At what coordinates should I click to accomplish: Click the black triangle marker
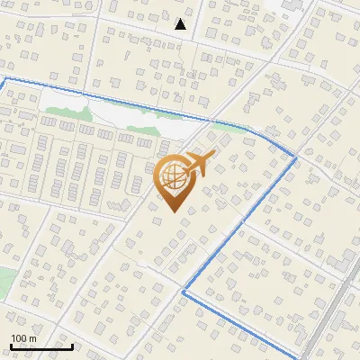coord(181,24)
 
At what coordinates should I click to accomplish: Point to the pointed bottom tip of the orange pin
coord(174,212)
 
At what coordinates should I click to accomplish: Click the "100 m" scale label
coord(23,338)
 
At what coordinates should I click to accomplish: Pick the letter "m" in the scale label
coord(32,338)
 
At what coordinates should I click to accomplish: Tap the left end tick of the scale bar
coord(11,345)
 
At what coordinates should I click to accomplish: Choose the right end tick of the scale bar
coord(73,345)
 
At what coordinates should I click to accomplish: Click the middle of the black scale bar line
coord(41,346)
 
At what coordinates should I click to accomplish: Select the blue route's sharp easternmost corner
coord(296,158)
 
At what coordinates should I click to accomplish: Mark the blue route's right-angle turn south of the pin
coord(184,292)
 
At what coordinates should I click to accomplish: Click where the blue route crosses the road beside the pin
coord(212,120)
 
